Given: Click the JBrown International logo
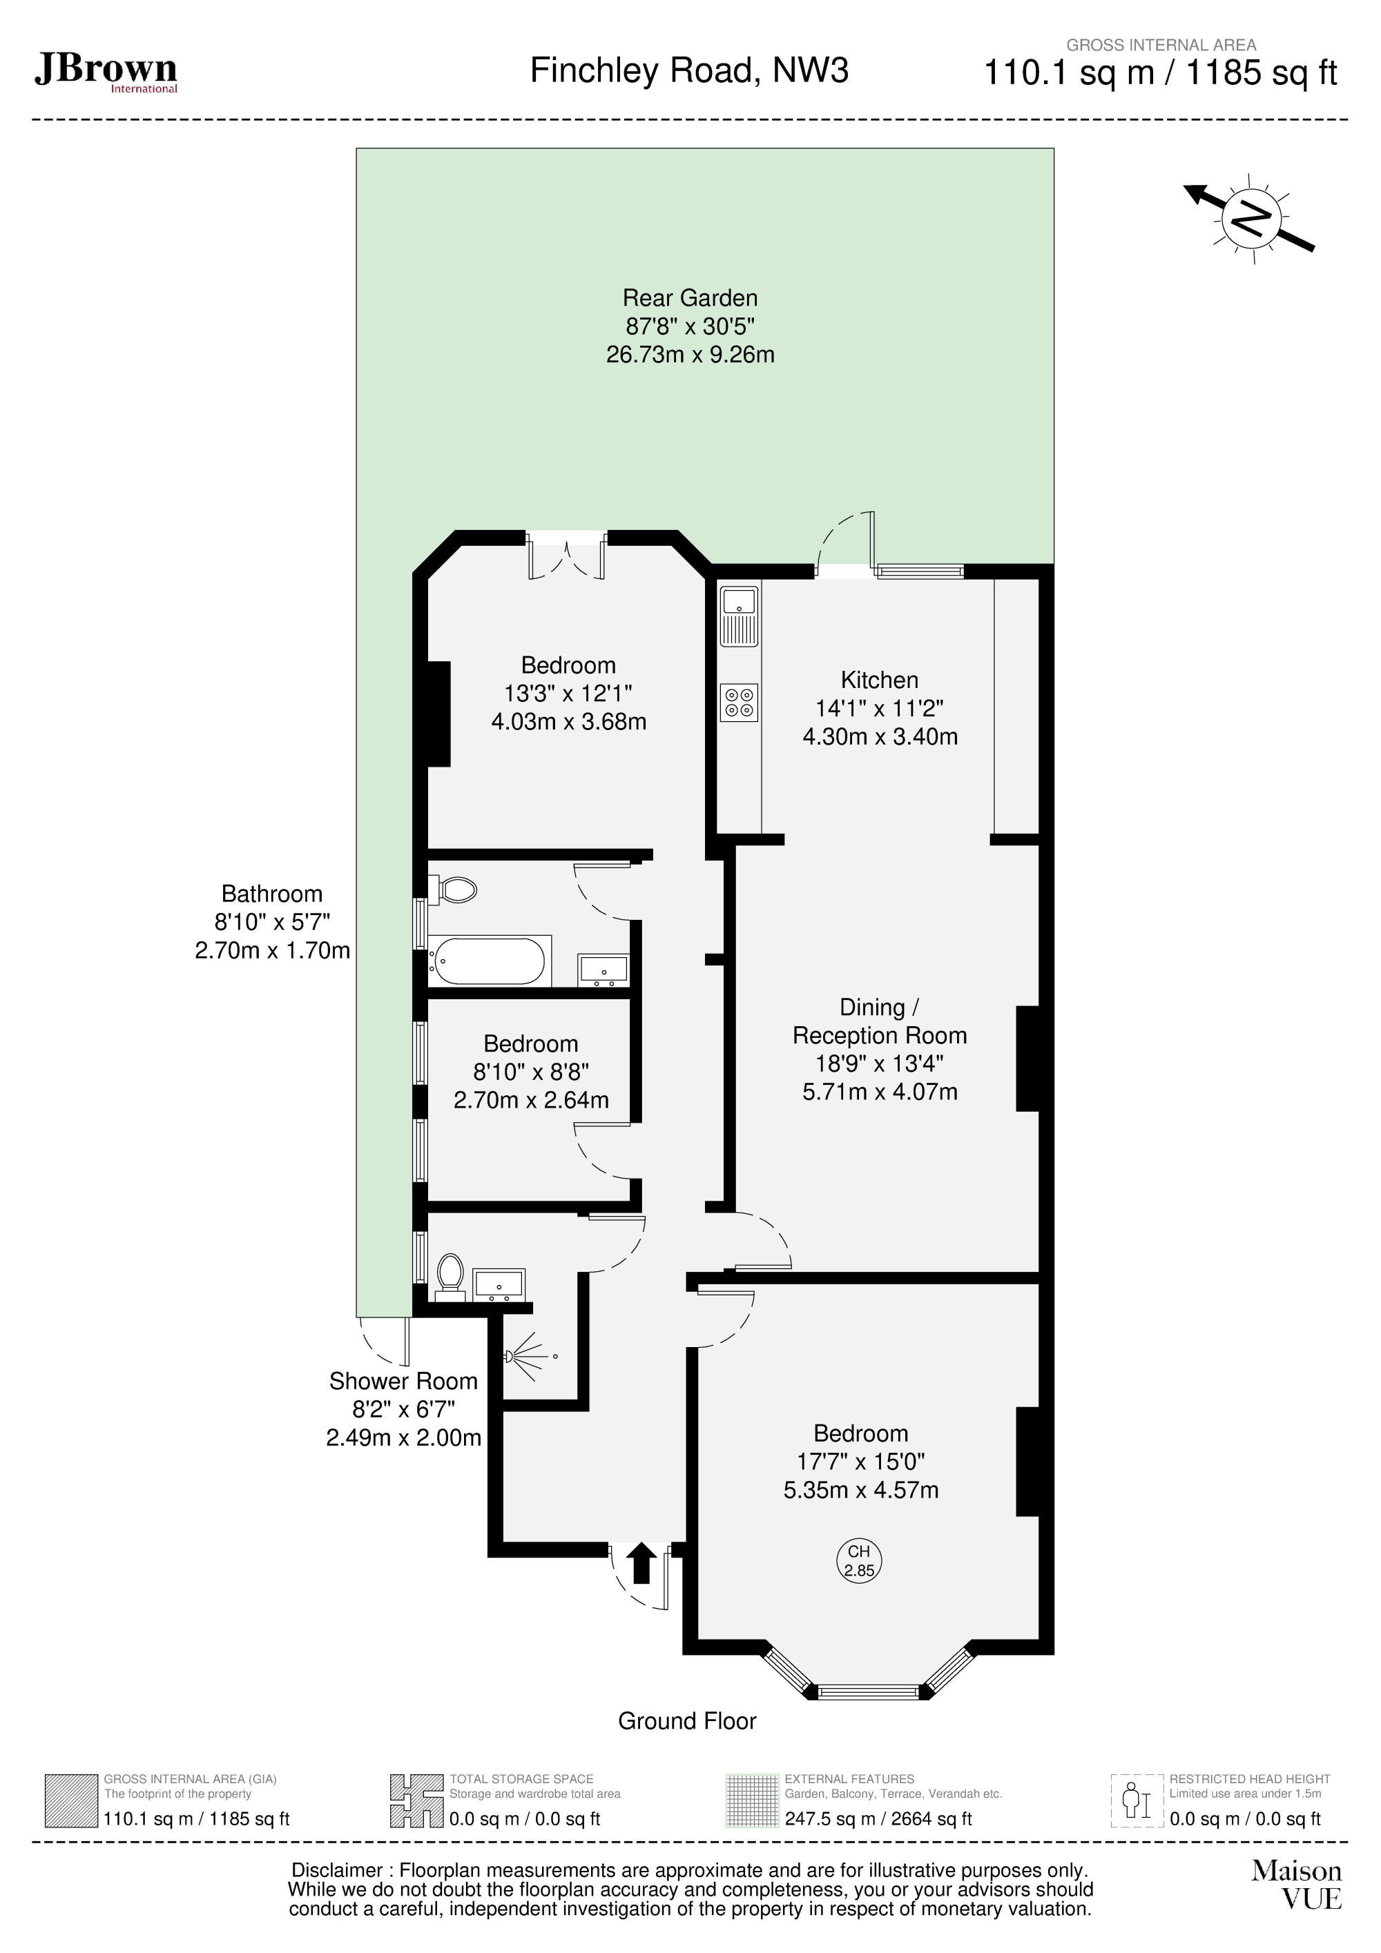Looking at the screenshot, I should point(106,72).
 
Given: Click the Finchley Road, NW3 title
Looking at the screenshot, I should point(688,70).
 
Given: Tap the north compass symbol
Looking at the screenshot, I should point(1250,219).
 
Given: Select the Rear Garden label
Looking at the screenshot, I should point(689,297).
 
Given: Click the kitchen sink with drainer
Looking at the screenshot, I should point(739,616).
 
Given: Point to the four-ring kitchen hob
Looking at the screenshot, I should point(739,702).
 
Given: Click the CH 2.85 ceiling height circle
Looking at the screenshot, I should point(858,1561).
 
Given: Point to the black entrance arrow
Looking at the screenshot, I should point(641,1562).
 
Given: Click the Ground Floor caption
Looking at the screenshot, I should point(686,1721).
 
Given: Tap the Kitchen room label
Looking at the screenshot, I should point(879,680).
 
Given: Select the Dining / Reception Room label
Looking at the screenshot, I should point(879,1021).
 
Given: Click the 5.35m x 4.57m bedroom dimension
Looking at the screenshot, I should point(860,1489).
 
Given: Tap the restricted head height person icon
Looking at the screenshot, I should point(1136,1802).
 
